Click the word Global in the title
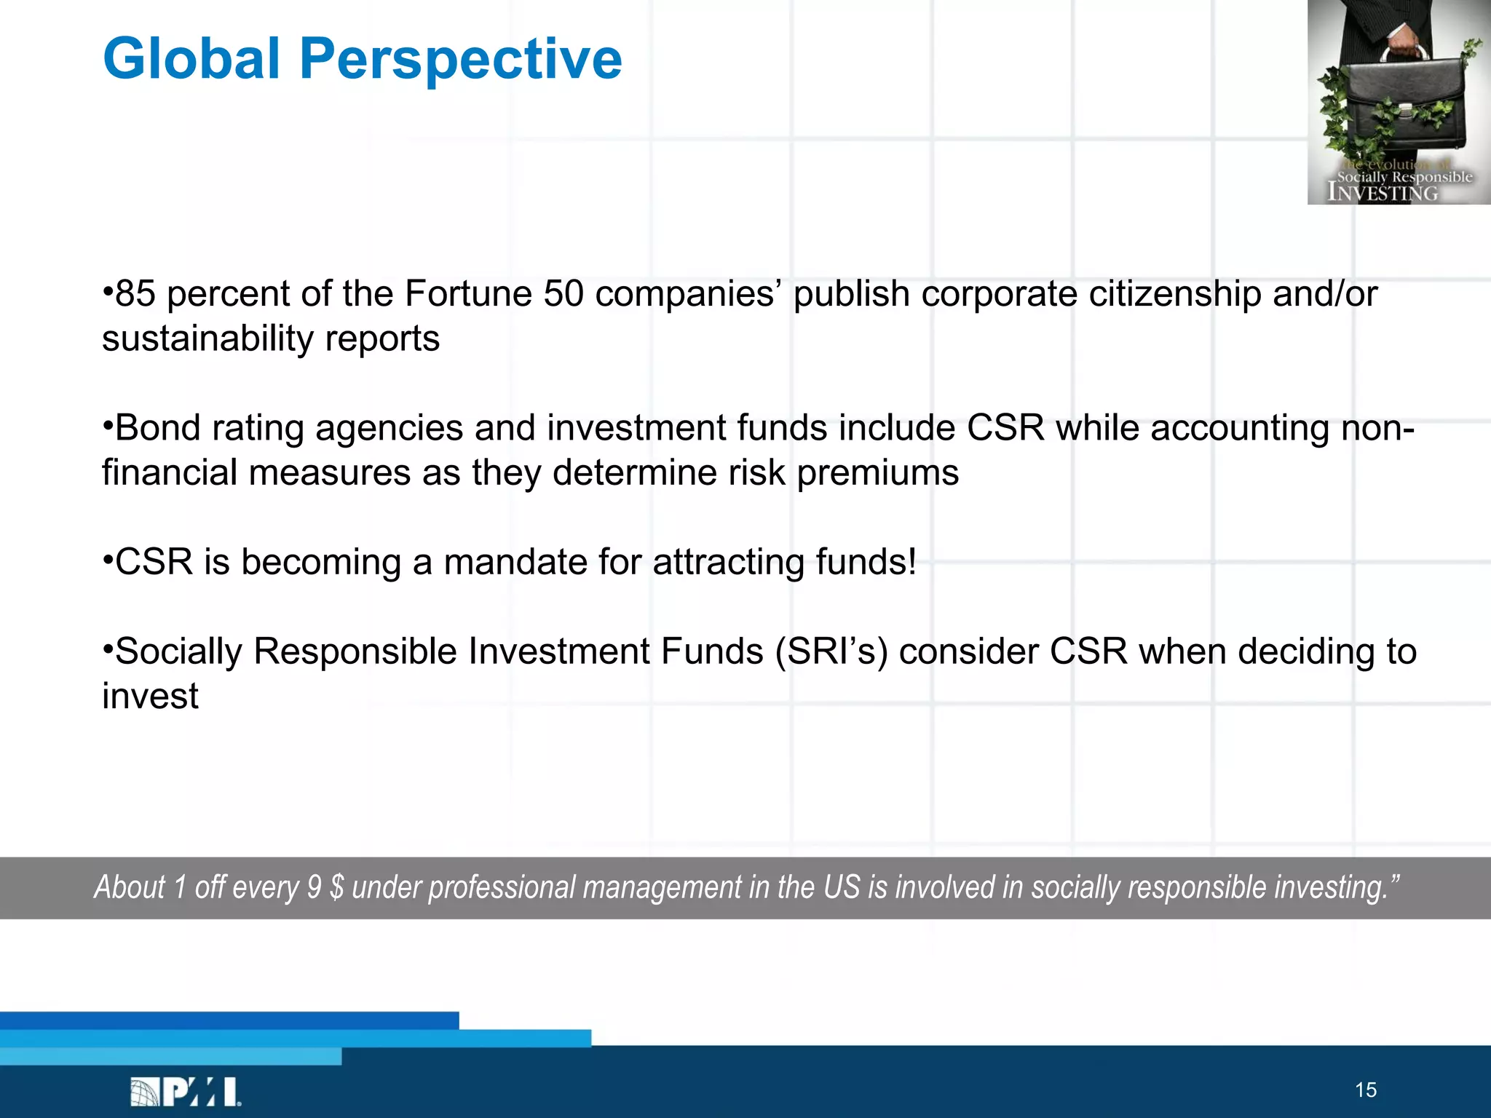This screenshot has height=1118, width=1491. pos(191,58)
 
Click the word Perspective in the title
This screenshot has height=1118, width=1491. pos(460,60)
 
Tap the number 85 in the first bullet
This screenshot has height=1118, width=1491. pos(135,294)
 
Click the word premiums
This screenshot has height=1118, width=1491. pos(877,473)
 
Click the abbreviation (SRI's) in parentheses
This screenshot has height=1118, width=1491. pos(831,651)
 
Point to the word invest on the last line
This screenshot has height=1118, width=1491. pos(150,697)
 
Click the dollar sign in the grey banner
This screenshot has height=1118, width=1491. pos(336,887)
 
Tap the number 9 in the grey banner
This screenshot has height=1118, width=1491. pos(314,887)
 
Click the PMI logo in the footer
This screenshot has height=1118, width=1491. pos(186,1092)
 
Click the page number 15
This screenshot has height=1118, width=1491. pos(1366,1090)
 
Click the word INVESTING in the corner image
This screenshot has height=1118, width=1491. pos(1383,192)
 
